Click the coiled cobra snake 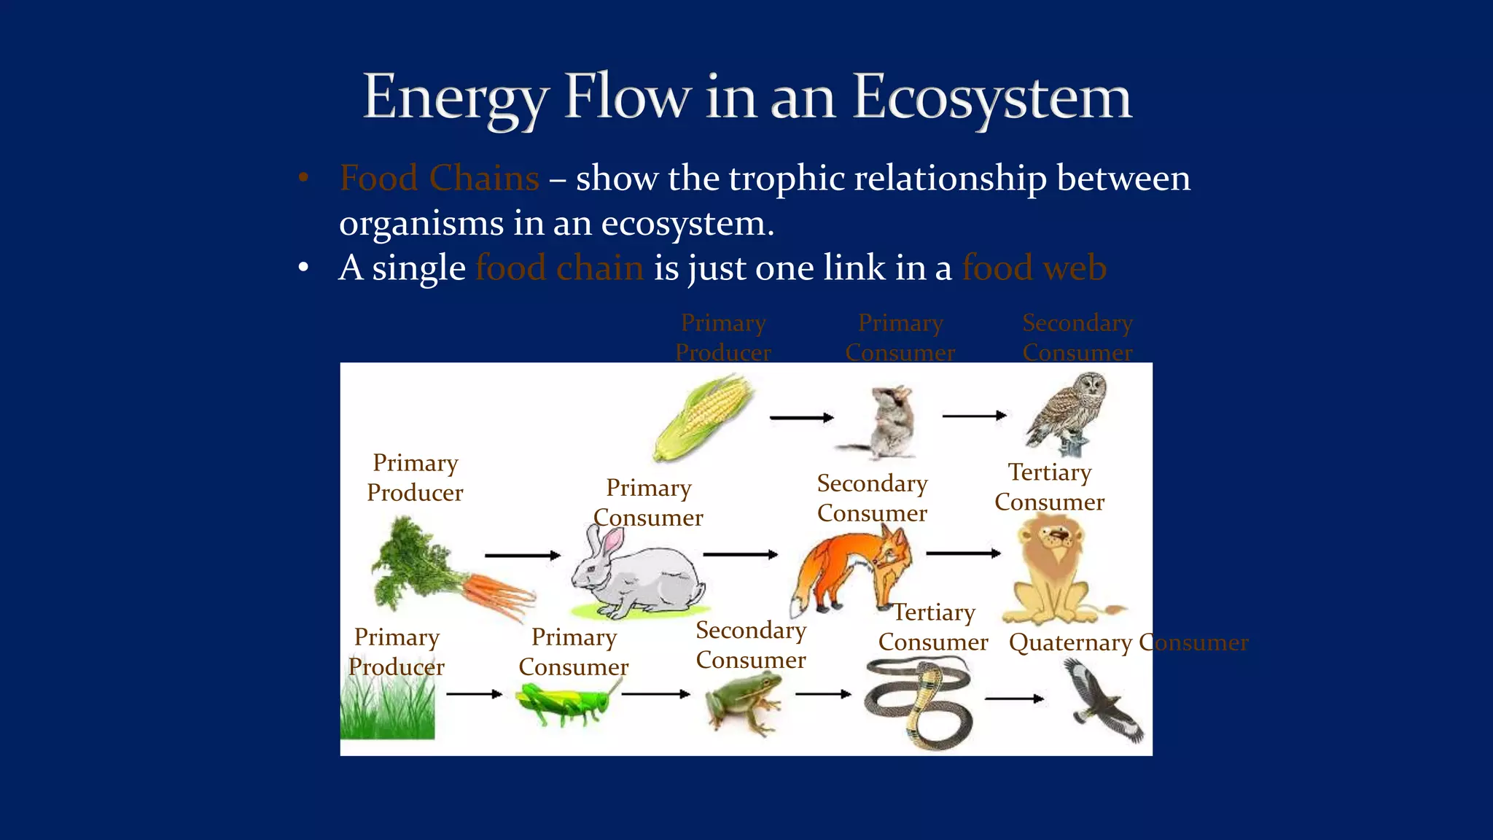[x=919, y=704]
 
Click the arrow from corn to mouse [x=801, y=418]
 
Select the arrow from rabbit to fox [x=740, y=555]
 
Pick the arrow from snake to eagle [x=1014, y=699]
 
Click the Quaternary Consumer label [x=1128, y=642]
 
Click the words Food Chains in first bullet [x=440, y=178]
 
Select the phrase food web [x=1034, y=268]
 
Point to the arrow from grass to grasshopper [x=474, y=694]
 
